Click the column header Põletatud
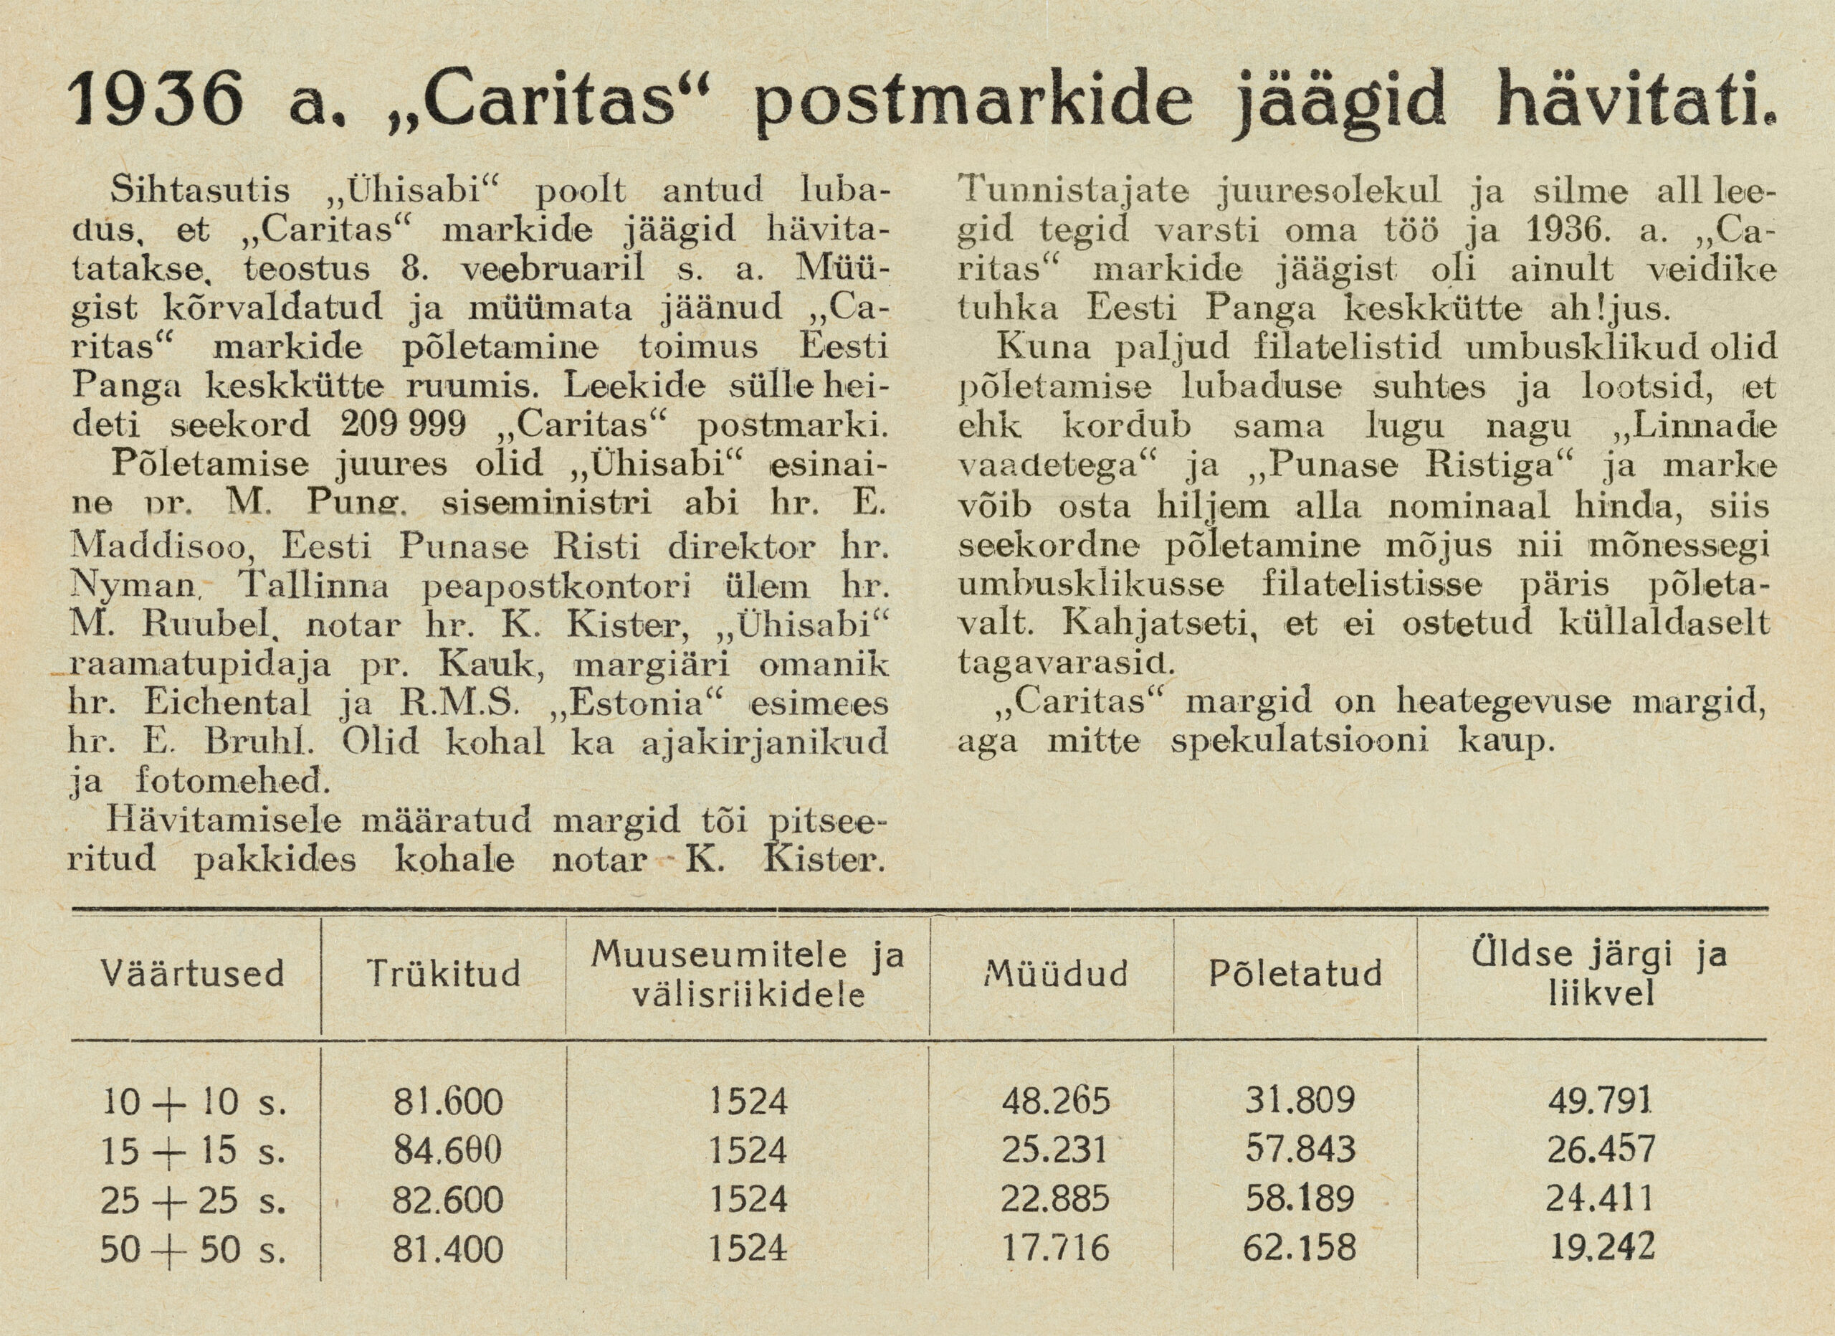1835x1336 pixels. (x=1295, y=973)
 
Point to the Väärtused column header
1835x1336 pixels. (x=193, y=973)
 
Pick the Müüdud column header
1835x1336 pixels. (x=1056, y=973)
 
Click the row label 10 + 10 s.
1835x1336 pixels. (x=194, y=1102)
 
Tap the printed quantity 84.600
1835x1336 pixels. (x=447, y=1151)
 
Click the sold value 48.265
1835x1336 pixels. (x=1056, y=1102)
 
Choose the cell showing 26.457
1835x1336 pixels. (x=1601, y=1151)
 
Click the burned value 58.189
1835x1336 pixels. (x=1300, y=1200)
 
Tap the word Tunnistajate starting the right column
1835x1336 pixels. (x=1073, y=191)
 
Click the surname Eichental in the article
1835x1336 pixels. (x=227, y=702)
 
